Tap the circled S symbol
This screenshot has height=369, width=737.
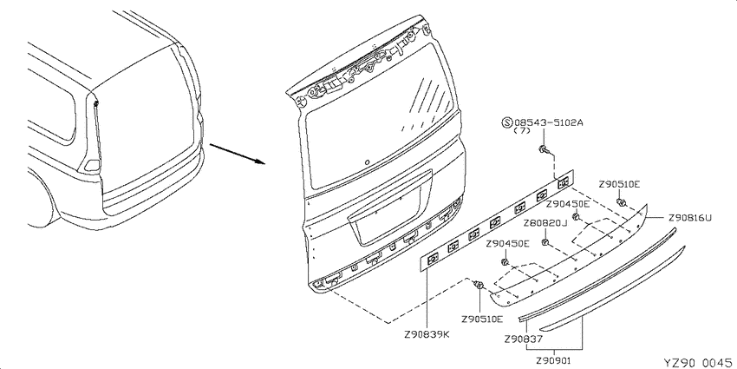[506, 122]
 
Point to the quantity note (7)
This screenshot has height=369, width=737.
[522, 131]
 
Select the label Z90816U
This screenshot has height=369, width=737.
[690, 217]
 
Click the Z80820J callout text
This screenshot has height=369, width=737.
[545, 223]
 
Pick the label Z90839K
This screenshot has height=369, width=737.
[427, 334]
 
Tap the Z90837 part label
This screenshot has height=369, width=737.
[524, 339]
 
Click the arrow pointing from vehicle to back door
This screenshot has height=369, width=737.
[238, 154]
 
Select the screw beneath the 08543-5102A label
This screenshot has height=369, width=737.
[545, 150]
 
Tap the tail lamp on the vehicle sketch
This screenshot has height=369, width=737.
[92, 165]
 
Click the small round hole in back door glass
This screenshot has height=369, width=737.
[367, 161]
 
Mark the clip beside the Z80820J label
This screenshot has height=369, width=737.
[545, 242]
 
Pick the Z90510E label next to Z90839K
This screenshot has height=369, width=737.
[482, 320]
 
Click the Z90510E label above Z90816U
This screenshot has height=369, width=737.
[619, 184]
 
